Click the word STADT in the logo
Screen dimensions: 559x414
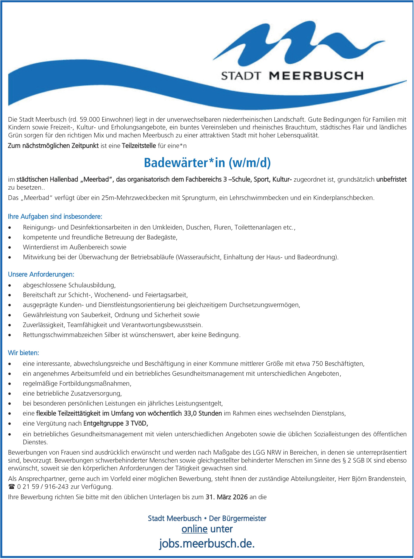tap(241, 76)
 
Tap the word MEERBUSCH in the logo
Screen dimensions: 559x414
tap(316, 76)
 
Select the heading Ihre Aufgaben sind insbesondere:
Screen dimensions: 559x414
tap(55, 217)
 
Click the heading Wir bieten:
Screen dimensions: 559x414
tap(24, 353)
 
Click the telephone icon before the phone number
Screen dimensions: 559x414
tap(11, 487)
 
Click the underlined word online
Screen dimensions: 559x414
tap(194, 529)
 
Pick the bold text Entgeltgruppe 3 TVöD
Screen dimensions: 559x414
tap(116, 423)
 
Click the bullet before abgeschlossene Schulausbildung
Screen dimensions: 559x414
tap(10, 285)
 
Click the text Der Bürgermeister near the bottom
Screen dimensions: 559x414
tap(238, 518)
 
